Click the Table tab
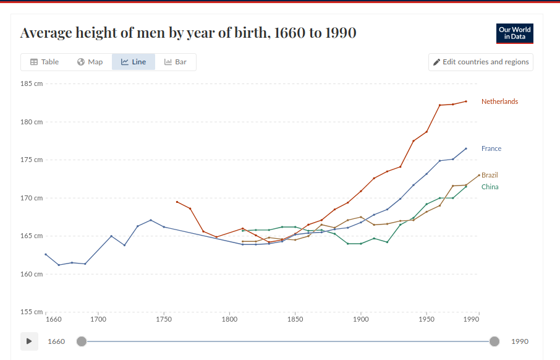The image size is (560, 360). click(45, 62)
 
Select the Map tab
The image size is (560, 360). click(90, 62)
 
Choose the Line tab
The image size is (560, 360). click(134, 62)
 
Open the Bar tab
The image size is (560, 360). click(176, 62)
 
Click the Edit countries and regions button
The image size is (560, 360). click(481, 62)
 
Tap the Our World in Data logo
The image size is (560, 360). click(514, 33)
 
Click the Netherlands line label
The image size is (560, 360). click(499, 101)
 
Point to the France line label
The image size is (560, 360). click(491, 148)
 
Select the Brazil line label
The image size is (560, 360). click(490, 175)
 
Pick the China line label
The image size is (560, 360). click(490, 187)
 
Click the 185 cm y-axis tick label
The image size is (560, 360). click(32, 84)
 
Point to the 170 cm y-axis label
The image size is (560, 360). click(32, 198)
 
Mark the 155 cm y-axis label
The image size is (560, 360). click(32, 312)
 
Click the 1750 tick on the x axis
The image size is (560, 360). click(164, 320)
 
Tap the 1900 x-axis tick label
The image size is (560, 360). click(360, 320)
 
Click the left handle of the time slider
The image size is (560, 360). click(82, 341)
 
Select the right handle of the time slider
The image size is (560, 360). click(494, 341)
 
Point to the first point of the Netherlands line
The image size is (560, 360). click(177, 202)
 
